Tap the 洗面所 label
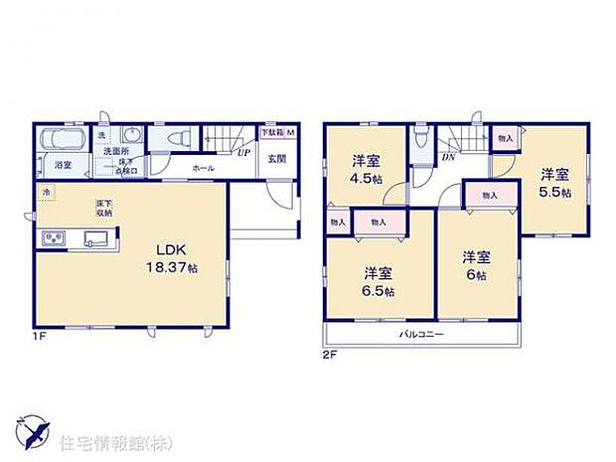tap(110, 151)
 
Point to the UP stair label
tap(242, 154)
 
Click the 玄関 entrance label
tap(277, 159)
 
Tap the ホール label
tap(204, 170)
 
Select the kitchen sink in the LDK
tap(96, 238)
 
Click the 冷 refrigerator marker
tap(44, 190)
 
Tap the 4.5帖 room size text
tap(364, 181)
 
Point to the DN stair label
tap(448, 156)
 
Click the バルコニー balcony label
tap(422, 334)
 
